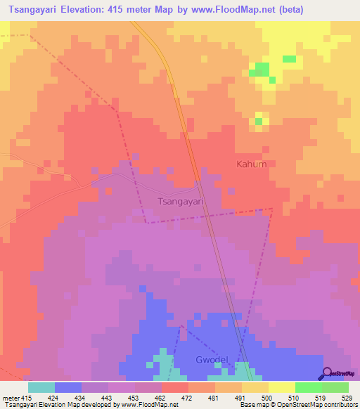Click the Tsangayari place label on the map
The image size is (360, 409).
tap(179, 200)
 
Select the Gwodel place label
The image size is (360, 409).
tap(211, 360)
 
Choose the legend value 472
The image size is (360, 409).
tap(188, 397)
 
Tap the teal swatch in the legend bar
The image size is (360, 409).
tap(41, 387)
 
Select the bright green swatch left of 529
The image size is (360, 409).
tap(309, 387)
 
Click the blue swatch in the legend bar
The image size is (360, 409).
tap(68, 387)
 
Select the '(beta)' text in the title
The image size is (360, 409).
tap(294, 10)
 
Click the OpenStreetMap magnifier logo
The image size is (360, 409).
tap(328, 372)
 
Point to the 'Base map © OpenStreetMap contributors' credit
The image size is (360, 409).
tap(298, 405)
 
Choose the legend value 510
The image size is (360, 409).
tap(295, 397)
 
